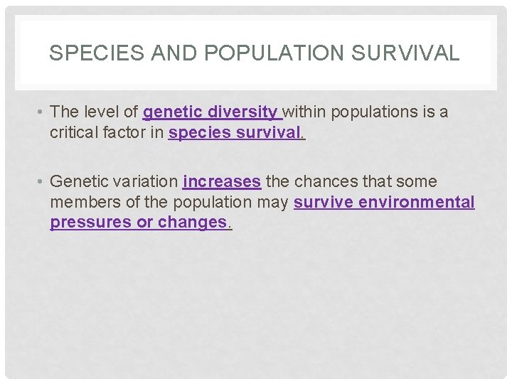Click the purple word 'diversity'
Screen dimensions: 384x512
pyautogui.click(x=243, y=112)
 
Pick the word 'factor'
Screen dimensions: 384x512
pyautogui.click(x=128, y=132)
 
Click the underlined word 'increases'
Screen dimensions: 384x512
pyautogui.click(x=222, y=182)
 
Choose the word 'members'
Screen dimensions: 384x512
pyautogui.click(x=84, y=202)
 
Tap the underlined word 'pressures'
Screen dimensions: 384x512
pyautogui.click(x=90, y=222)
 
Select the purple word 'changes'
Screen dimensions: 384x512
pyautogui.click(x=191, y=222)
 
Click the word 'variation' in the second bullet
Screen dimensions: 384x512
pyautogui.click(x=145, y=182)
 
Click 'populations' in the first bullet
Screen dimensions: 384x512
pyautogui.click(x=373, y=112)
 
